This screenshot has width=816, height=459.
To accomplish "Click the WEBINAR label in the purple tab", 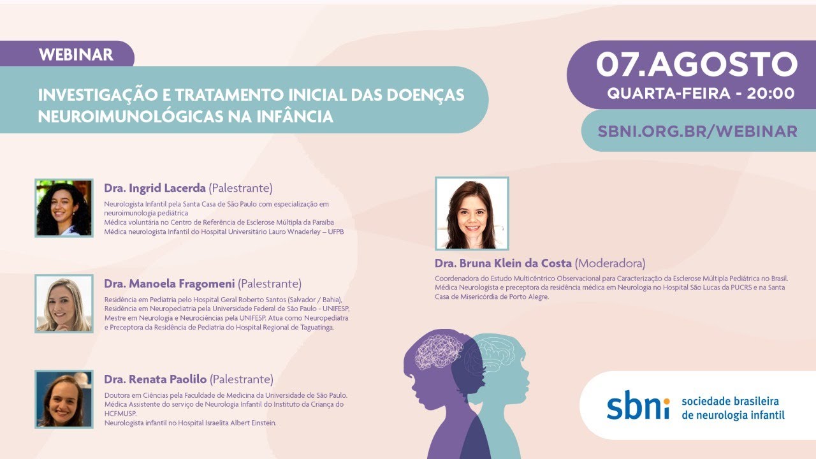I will click(x=76, y=55).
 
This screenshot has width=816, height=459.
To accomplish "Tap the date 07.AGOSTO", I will click(x=697, y=64).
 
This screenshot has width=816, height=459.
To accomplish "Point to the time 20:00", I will click(x=771, y=94).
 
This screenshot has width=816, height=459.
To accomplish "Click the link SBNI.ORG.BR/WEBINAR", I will click(x=697, y=131).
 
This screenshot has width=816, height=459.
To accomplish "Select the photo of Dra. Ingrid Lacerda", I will click(x=64, y=208).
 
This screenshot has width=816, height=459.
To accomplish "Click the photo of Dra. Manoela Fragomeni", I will click(x=64, y=304).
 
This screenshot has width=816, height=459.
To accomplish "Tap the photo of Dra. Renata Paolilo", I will click(x=64, y=399).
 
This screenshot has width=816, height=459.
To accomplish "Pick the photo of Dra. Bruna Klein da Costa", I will click(x=472, y=213).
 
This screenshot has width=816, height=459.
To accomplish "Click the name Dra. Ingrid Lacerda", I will click(x=155, y=188).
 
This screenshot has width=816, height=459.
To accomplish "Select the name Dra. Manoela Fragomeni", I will click(x=169, y=284).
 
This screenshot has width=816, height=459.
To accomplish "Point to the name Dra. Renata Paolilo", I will click(x=155, y=379).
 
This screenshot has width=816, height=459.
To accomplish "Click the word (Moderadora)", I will click(x=610, y=263).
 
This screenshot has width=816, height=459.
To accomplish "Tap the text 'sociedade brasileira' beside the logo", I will click(x=730, y=402).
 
